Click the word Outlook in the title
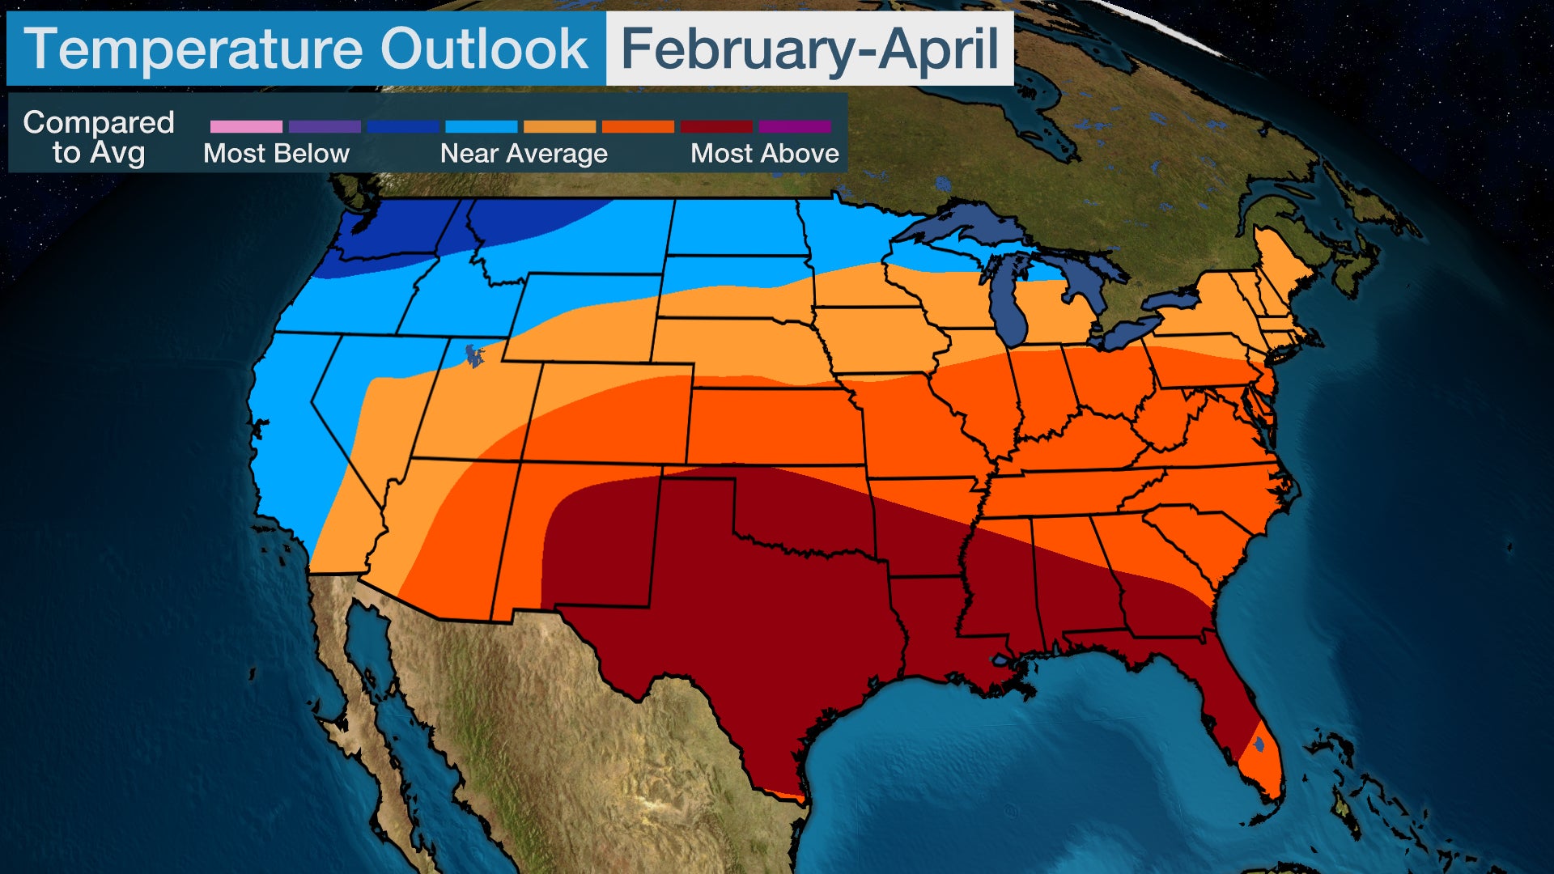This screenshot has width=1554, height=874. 484,49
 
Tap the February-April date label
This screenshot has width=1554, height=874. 809,49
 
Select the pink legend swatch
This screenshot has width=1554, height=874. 246,126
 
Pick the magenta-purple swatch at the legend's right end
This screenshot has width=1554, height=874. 795,126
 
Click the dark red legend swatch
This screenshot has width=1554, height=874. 716,126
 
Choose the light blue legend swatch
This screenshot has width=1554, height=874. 481,126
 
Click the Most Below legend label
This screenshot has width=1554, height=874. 276,153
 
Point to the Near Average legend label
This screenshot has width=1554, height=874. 524,153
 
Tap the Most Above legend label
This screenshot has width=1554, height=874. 764,153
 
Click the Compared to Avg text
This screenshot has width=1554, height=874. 99,137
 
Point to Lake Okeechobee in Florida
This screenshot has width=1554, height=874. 1259,743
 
